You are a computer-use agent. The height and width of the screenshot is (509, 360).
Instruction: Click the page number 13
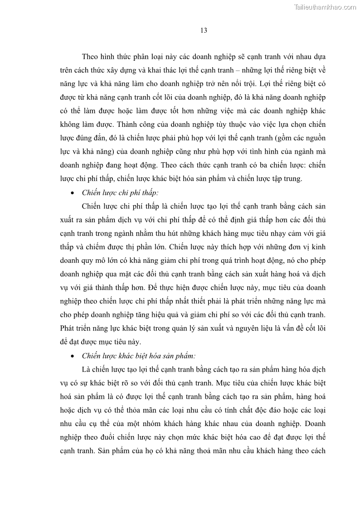(x=204, y=30)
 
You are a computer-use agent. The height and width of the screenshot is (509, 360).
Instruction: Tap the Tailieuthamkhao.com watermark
(x=325, y=7)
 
